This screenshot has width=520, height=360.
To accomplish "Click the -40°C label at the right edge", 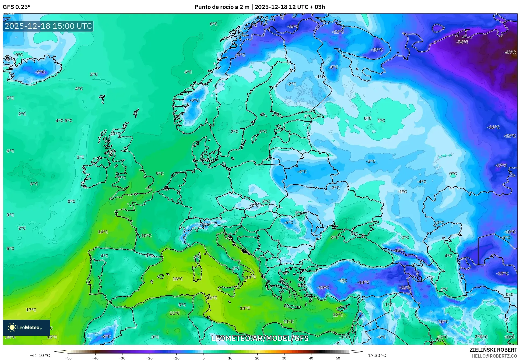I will point(510,52).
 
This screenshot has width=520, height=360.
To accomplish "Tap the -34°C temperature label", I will point(462,42).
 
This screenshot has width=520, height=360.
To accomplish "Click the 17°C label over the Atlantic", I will point(31,310).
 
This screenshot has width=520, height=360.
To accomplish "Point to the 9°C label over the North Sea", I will point(160,174).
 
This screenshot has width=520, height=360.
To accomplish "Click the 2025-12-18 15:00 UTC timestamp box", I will point(48,26).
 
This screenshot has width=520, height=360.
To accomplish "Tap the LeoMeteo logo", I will point(26,327).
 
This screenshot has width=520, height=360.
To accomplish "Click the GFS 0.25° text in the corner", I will point(16,7).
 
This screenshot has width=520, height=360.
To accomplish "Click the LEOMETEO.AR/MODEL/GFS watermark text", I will point(260,338).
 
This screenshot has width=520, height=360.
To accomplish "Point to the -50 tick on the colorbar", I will point(68,358).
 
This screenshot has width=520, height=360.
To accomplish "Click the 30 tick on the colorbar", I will point(284,358).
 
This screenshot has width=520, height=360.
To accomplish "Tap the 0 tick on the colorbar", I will point(203,358).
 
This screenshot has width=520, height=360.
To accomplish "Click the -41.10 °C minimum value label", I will point(40,355).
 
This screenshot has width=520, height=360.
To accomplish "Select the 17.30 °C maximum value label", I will point(377,355).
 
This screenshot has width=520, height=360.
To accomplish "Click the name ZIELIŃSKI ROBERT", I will point(493,350).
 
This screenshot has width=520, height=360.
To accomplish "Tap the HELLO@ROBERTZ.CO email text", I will point(494,356).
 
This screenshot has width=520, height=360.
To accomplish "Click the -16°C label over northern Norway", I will point(293,27).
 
